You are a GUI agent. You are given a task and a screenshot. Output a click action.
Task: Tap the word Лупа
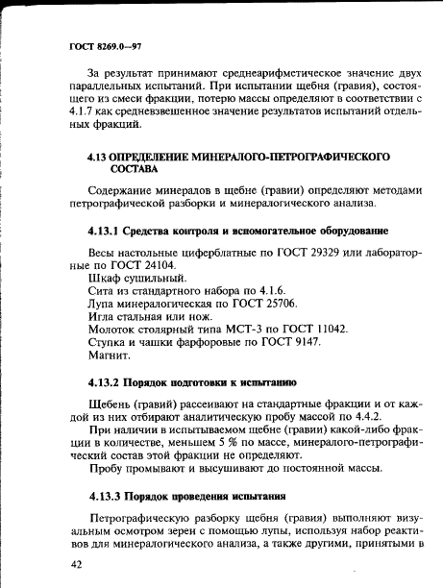pyautogui.click(x=103, y=302)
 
